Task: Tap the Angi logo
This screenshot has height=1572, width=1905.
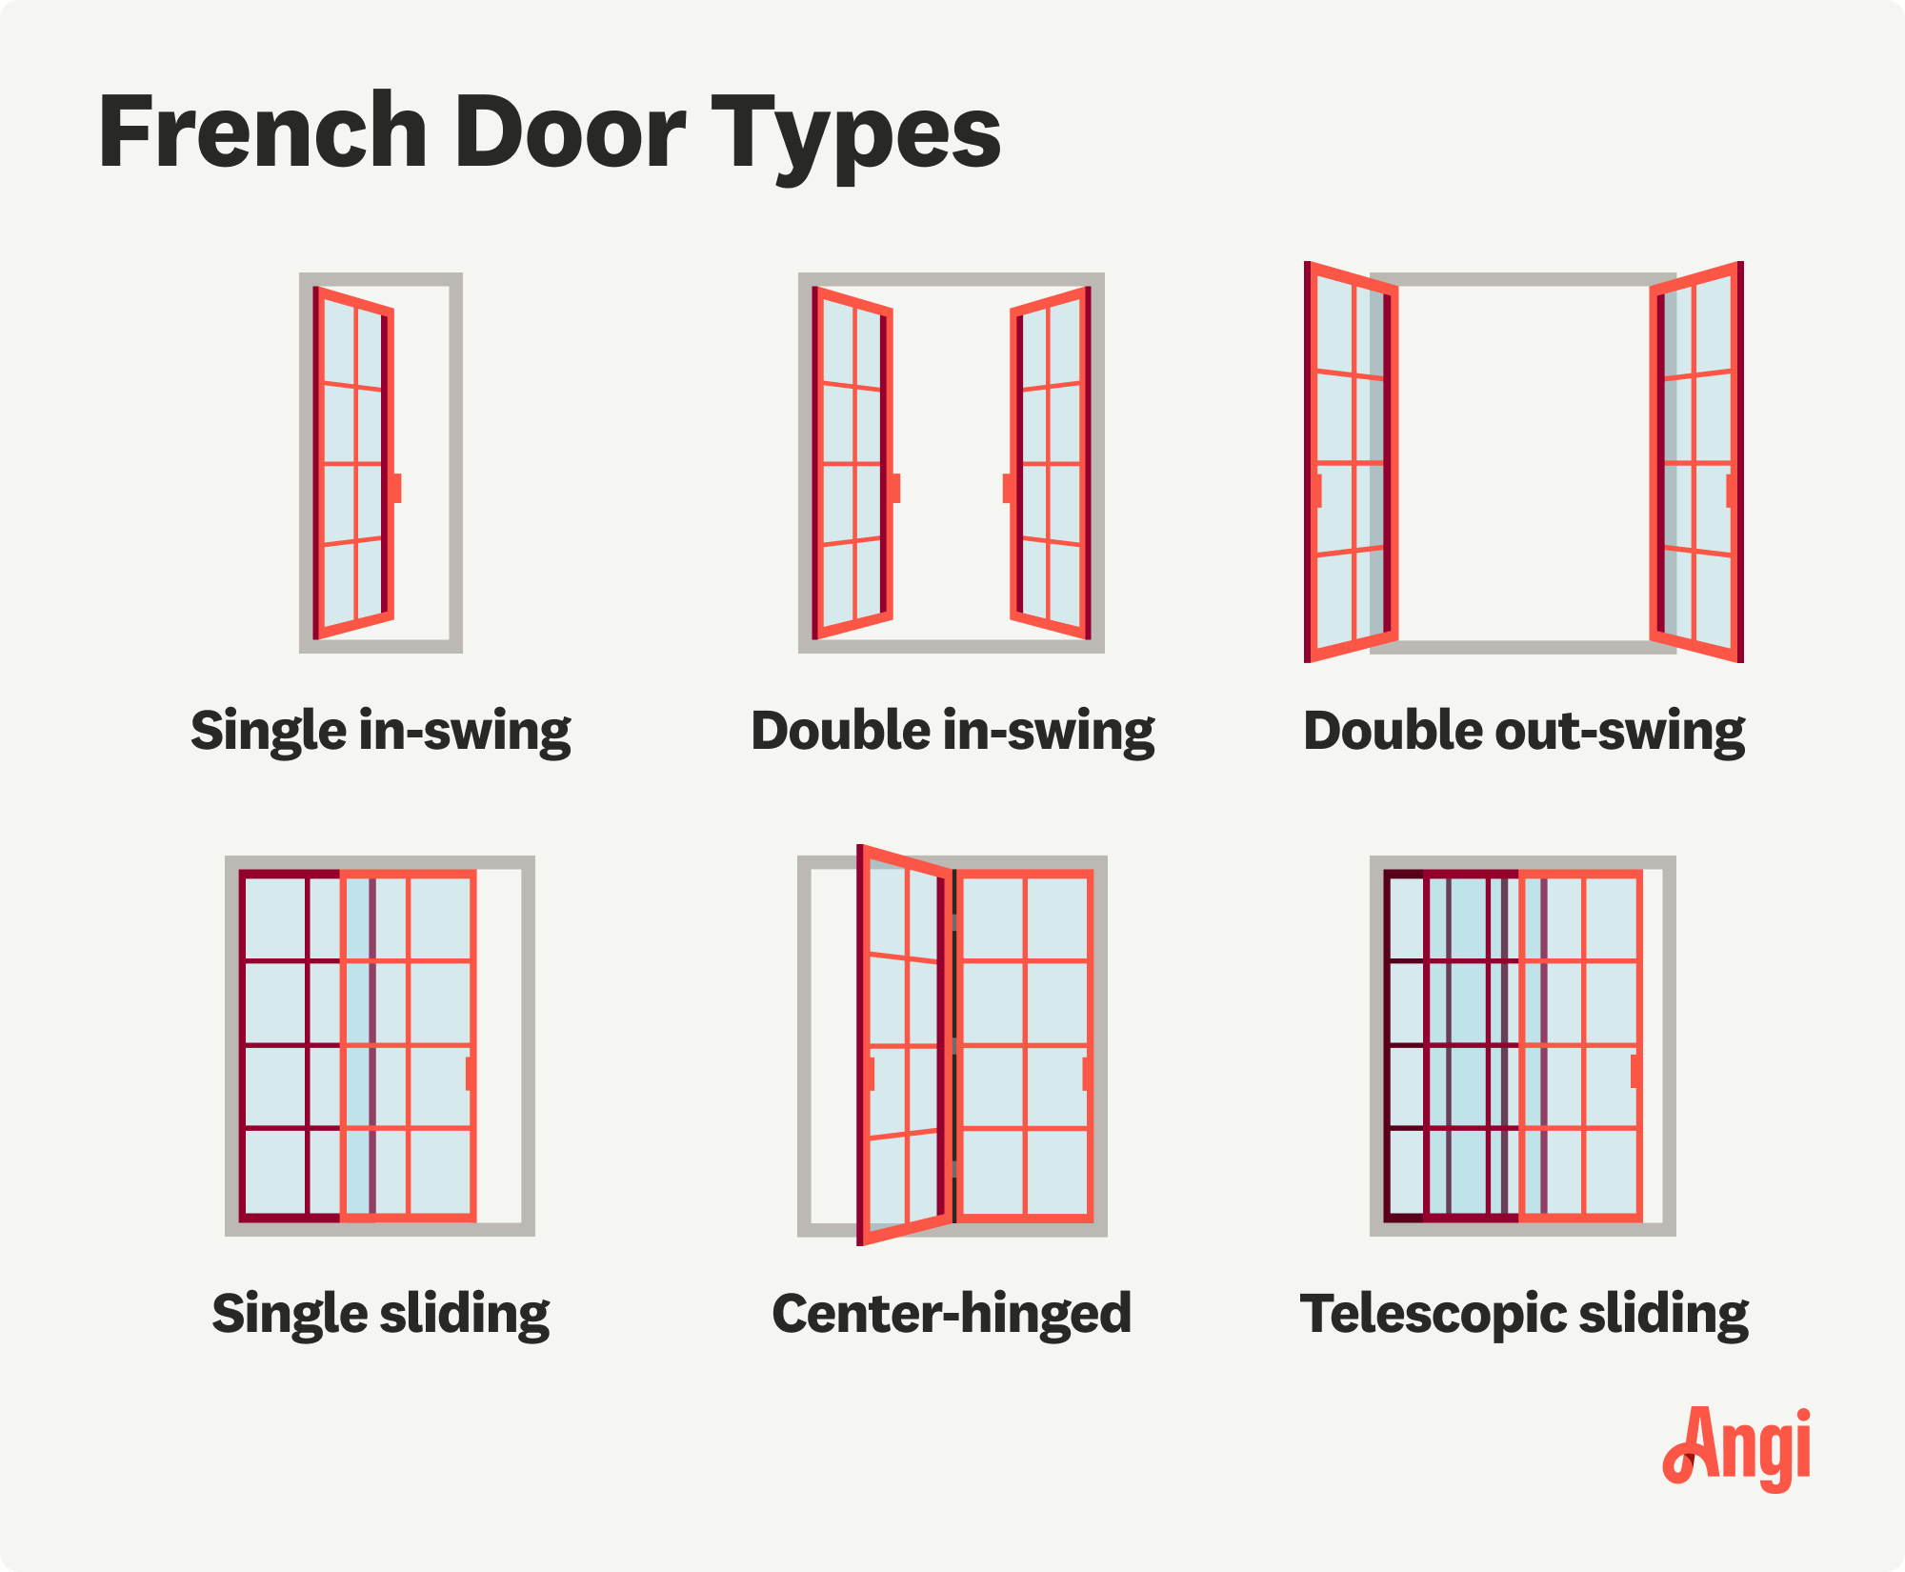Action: (x=1736, y=1449)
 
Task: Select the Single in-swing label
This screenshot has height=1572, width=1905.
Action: (x=381, y=732)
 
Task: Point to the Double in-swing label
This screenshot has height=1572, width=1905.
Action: (x=952, y=732)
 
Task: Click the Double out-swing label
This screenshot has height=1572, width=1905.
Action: (x=1524, y=732)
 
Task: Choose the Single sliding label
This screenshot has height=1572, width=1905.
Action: (x=381, y=1315)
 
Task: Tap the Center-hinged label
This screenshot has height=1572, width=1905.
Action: (x=952, y=1314)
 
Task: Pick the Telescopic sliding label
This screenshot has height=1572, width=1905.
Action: (x=1524, y=1315)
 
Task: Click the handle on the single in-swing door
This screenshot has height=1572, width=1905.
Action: (x=395, y=488)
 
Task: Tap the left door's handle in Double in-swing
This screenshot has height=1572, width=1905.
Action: (x=894, y=488)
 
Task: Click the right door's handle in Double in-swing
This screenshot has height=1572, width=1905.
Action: (x=1009, y=488)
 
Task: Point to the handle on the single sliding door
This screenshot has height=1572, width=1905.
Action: (x=471, y=1074)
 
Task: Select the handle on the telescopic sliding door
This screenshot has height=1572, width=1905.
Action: (x=1636, y=1071)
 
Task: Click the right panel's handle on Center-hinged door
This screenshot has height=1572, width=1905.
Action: (x=1088, y=1074)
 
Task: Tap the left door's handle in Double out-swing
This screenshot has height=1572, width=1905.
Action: (x=1317, y=491)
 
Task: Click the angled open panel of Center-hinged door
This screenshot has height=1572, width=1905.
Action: (x=905, y=1044)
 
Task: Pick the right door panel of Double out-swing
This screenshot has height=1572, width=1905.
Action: (x=1696, y=462)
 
